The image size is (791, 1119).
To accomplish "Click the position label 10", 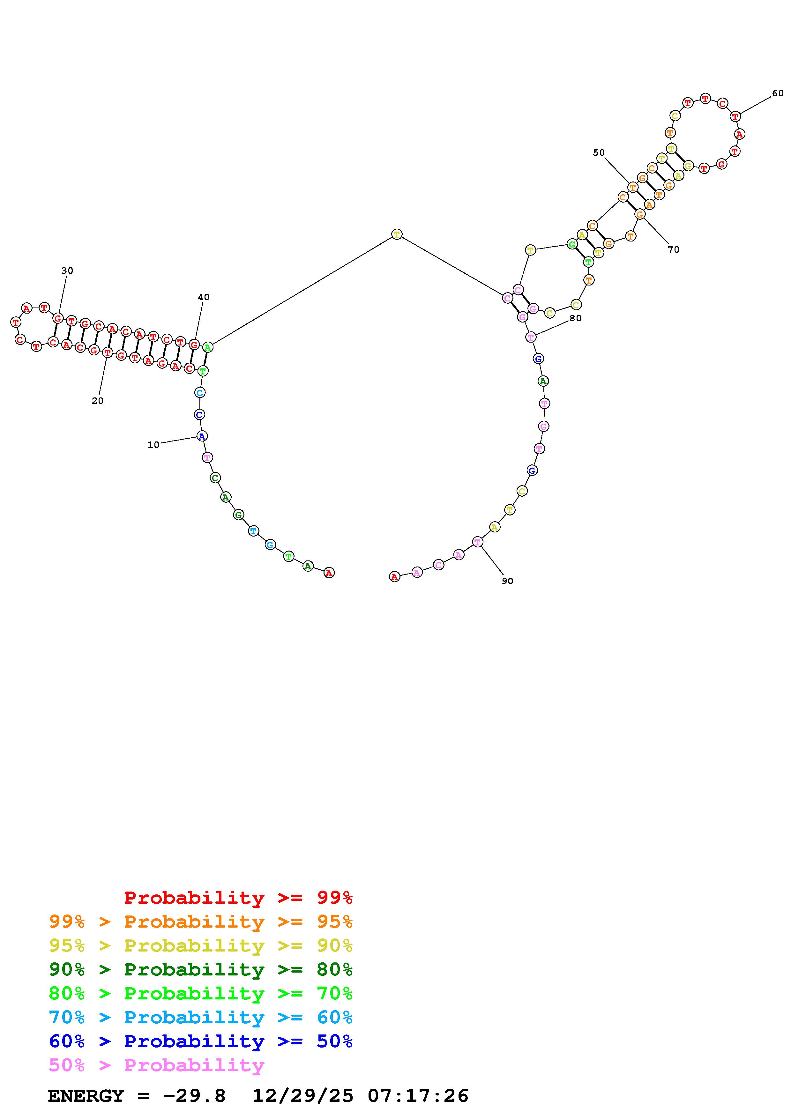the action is click(153, 444).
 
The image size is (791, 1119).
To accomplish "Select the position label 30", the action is click(67, 270).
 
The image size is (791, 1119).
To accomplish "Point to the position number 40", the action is click(204, 297).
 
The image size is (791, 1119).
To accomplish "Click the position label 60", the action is click(778, 93).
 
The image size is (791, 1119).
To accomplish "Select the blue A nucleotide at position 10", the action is click(202, 436).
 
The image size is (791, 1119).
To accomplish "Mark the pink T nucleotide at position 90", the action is click(478, 541).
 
